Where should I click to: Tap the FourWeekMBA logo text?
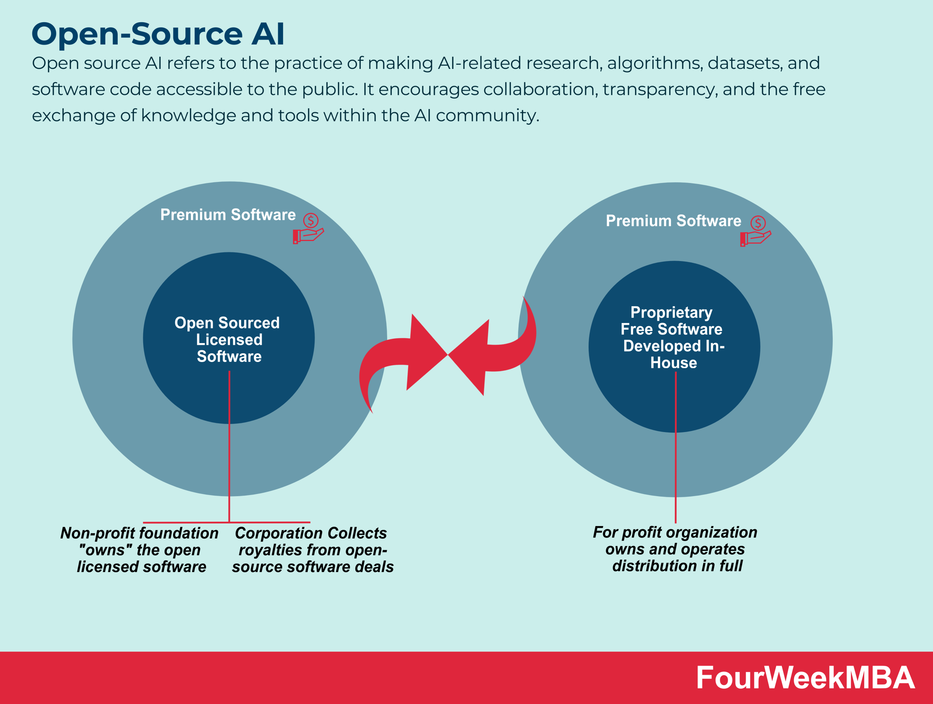coord(805,678)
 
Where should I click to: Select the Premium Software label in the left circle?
coord(228,215)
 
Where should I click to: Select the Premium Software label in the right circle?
coord(673,221)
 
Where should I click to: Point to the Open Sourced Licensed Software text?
coord(228,339)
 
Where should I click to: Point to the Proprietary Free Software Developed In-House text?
coord(673,338)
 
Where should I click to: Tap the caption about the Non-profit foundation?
coord(140,550)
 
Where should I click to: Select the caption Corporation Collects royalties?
coord(312,550)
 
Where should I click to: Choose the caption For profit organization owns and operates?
coord(675,549)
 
